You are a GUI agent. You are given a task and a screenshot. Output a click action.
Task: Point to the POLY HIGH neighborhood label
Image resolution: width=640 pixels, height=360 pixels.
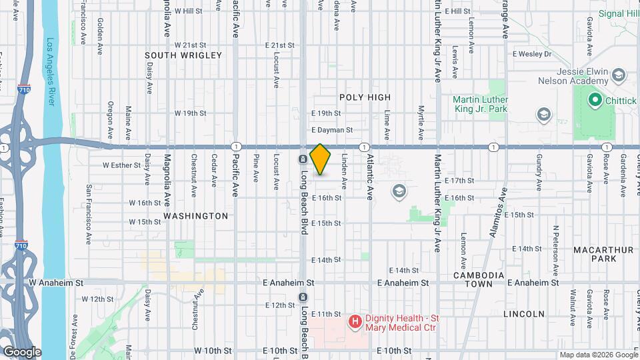(365, 97)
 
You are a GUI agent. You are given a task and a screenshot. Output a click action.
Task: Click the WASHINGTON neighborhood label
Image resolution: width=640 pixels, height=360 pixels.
(196, 216)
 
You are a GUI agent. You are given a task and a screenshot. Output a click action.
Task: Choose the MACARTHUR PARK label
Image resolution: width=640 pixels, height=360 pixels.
(598, 254)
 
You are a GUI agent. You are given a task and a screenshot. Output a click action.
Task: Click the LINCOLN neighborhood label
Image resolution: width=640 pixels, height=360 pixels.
(524, 313)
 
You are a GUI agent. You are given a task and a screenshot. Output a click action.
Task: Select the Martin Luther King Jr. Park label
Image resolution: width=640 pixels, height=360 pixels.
(481, 104)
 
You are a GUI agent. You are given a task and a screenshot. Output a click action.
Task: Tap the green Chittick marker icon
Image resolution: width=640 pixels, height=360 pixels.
(593, 101)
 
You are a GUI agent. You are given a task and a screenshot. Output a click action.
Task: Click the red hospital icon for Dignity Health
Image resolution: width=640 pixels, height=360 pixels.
(355, 322)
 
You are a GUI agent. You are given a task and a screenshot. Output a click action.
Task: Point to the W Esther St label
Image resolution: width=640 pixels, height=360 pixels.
(121, 164)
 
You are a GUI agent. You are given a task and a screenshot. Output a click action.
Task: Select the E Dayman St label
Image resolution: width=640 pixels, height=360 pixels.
(331, 130)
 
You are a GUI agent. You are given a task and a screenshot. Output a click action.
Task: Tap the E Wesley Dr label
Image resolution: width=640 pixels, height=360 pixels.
(532, 54)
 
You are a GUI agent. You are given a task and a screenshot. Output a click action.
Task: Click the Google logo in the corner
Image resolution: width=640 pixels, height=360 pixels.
(21, 351)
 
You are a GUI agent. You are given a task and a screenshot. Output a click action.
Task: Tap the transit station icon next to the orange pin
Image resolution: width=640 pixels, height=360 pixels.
(302, 159)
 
